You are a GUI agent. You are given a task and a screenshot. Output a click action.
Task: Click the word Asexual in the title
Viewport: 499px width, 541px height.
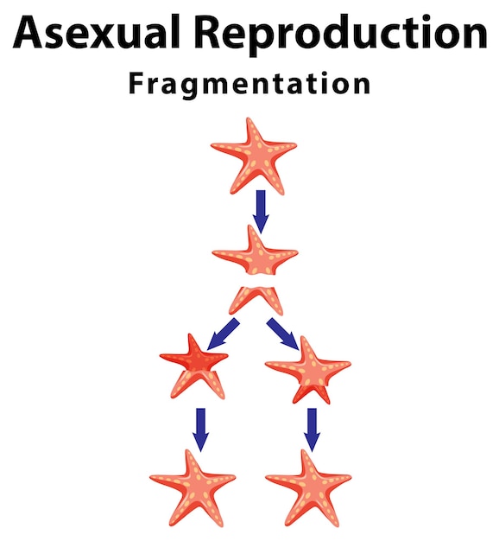point(97,32)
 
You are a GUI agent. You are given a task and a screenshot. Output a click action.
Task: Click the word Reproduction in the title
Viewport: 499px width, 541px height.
point(341,35)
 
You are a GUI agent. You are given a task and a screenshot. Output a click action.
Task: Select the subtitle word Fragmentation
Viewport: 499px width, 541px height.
point(249,84)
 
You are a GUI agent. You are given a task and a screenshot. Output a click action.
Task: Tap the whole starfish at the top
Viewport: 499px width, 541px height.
point(254,156)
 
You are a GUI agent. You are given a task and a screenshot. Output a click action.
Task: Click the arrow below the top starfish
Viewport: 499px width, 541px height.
point(261,212)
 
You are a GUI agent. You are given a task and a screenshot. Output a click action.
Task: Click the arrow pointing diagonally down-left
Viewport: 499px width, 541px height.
point(223,334)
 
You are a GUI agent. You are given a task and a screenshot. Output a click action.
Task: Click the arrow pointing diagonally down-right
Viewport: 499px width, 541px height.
point(282,334)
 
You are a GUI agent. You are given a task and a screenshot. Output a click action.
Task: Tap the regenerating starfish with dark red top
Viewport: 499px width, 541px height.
point(194,366)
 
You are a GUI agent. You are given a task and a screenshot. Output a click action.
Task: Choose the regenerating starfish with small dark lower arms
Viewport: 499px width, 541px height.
point(308,370)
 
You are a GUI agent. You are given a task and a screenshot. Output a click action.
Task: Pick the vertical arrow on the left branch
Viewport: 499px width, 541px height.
point(200,430)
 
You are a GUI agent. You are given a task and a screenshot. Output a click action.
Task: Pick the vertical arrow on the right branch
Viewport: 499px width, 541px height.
point(313,430)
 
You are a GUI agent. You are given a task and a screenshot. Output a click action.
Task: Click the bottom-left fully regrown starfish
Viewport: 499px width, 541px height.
point(193,488)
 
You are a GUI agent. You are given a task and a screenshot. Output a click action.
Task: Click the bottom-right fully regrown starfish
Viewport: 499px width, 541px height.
point(309,488)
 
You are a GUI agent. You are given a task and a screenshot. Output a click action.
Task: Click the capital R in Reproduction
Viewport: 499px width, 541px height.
point(208,32)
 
